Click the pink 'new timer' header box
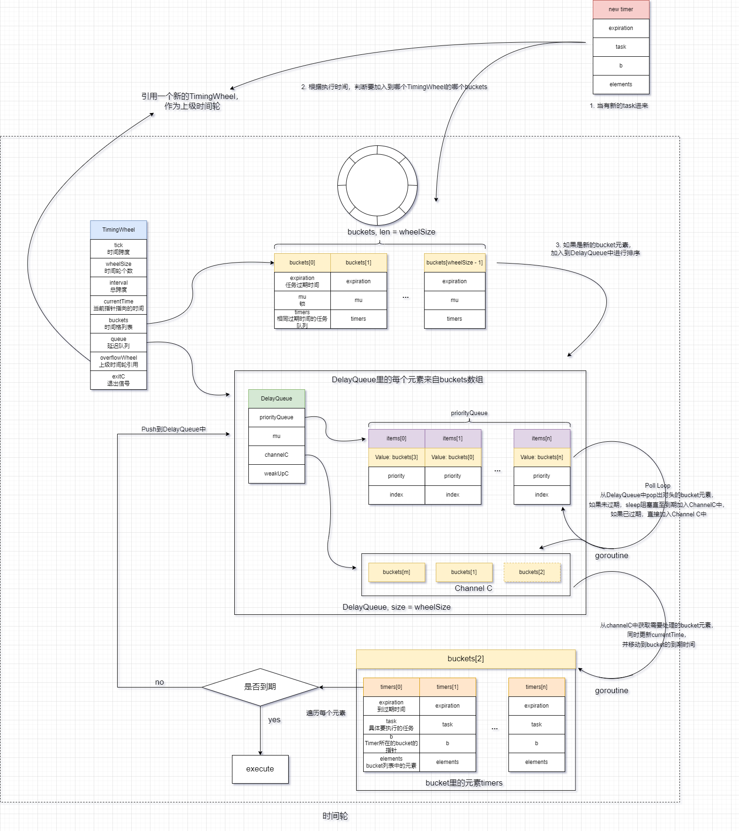[x=621, y=9]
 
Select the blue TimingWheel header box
[x=119, y=230]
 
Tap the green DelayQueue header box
[x=276, y=399]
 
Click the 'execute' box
[x=260, y=769]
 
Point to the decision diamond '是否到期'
[x=260, y=687]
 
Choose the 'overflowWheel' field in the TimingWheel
[x=119, y=361]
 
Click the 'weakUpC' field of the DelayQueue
[x=276, y=474]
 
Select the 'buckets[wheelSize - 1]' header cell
[x=455, y=263]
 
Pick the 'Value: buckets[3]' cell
[x=396, y=457]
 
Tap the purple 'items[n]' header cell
[x=542, y=438]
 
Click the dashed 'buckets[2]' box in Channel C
[x=532, y=572]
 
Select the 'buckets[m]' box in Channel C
[x=396, y=572]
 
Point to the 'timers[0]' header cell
[x=391, y=687]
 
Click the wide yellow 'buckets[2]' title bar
[x=466, y=659]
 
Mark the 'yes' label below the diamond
[x=274, y=720]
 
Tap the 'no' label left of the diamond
[x=159, y=682]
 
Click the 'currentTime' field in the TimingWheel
[x=119, y=305]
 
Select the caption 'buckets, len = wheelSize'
[x=391, y=232]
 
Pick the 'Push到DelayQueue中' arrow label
[x=174, y=429]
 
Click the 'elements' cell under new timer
[x=621, y=84]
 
